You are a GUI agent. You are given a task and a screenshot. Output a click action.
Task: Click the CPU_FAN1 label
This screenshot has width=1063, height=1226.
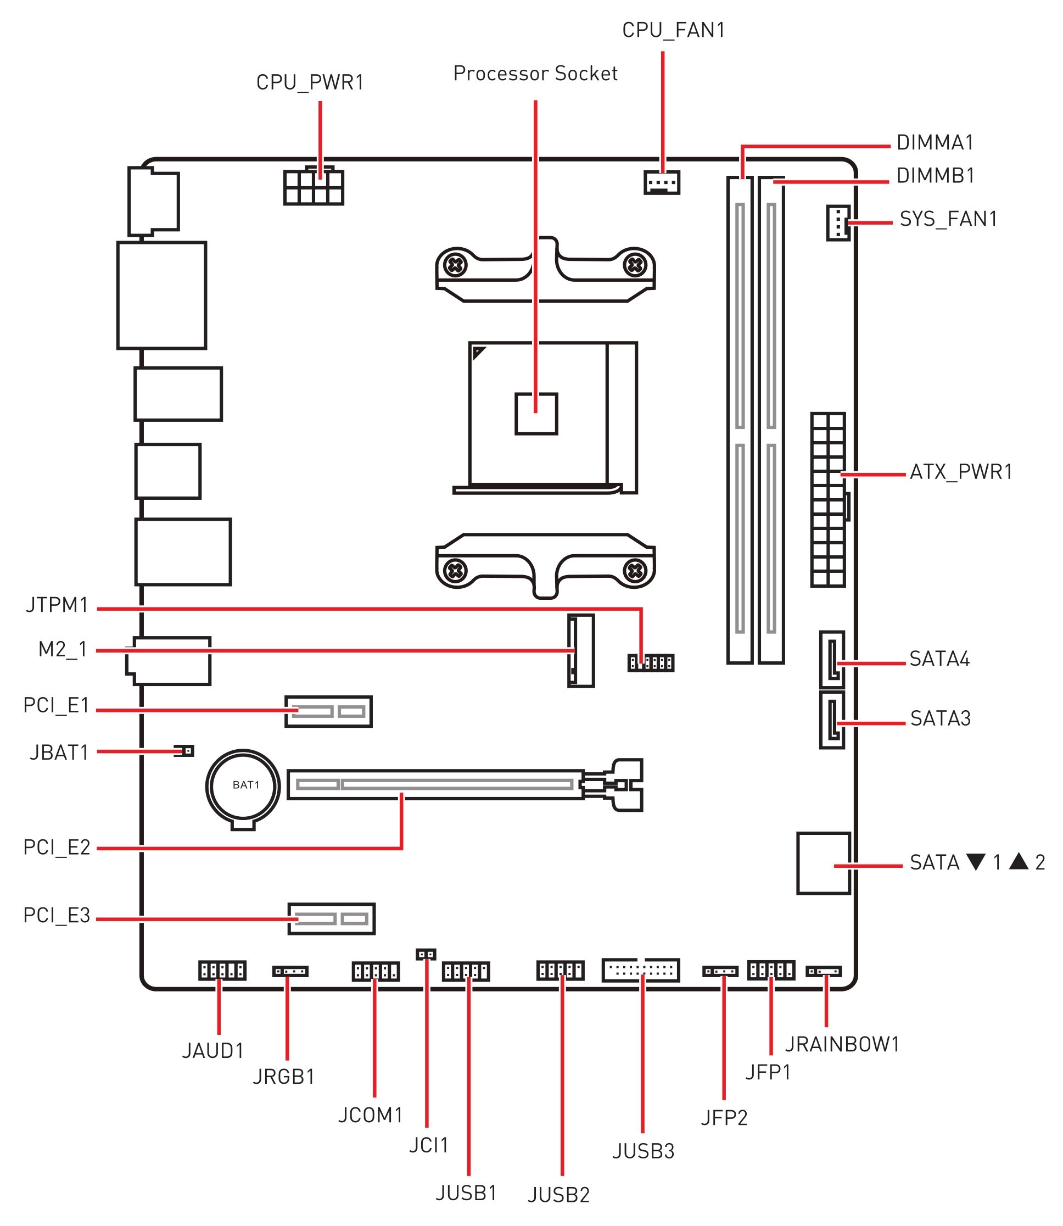tap(673, 30)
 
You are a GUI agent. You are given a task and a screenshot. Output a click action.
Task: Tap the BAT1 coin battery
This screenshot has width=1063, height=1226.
tap(243, 786)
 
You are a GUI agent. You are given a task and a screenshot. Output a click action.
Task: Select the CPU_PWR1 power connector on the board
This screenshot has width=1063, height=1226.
tap(314, 186)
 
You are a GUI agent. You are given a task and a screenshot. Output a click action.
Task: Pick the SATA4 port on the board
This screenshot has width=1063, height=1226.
tap(832, 659)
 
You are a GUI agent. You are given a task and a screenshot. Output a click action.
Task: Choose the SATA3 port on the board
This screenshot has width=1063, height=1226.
tap(832, 720)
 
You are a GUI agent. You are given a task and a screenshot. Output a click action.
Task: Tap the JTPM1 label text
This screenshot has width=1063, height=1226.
tap(57, 605)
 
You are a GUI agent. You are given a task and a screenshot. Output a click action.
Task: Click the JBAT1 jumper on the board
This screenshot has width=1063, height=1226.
tap(185, 751)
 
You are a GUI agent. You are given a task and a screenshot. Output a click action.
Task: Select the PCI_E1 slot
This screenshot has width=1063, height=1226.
tap(329, 711)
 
